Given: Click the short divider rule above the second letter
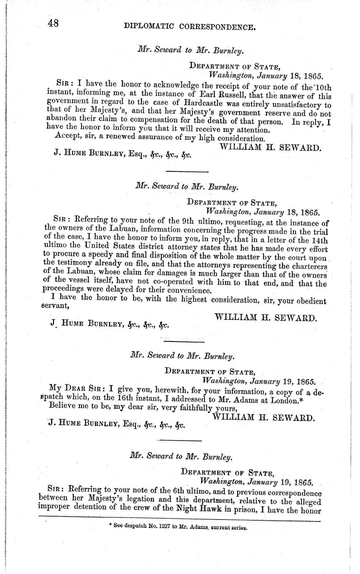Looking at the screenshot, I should [x=187, y=171].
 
